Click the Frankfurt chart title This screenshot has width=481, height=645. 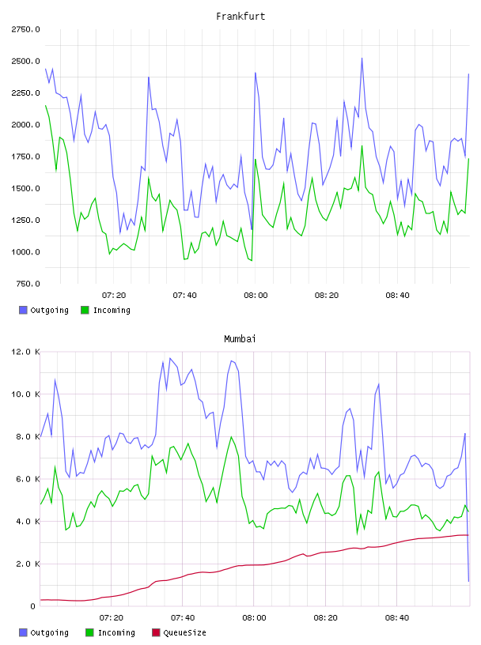[240, 17]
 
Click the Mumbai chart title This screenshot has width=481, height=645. [240, 339]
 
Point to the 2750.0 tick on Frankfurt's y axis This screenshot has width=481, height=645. [25, 29]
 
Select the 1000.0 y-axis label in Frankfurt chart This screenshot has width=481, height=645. [25, 251]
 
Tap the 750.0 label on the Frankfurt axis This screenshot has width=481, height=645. [28, 284]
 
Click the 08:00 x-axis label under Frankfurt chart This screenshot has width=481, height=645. [256, 296]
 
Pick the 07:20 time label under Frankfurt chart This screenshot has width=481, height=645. [114, 296]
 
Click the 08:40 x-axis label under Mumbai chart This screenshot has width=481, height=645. [397, 618]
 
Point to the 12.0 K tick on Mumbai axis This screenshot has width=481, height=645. [25, 352]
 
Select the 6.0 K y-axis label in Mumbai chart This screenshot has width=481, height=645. [28, 479]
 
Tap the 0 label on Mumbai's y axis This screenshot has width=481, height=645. [33, 606]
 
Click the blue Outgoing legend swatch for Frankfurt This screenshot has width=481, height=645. [23, 310]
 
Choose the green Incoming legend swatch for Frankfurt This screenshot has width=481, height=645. [85, 310]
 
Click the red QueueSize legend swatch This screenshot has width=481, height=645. [156, 632]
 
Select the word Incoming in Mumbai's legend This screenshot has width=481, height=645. [116, 633]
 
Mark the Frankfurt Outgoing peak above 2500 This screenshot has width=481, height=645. [362, 58]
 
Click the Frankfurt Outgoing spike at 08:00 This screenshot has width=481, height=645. [256, 74]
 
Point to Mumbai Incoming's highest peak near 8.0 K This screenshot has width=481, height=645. [232, 437]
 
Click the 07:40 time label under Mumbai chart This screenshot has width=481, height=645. [183, 618]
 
